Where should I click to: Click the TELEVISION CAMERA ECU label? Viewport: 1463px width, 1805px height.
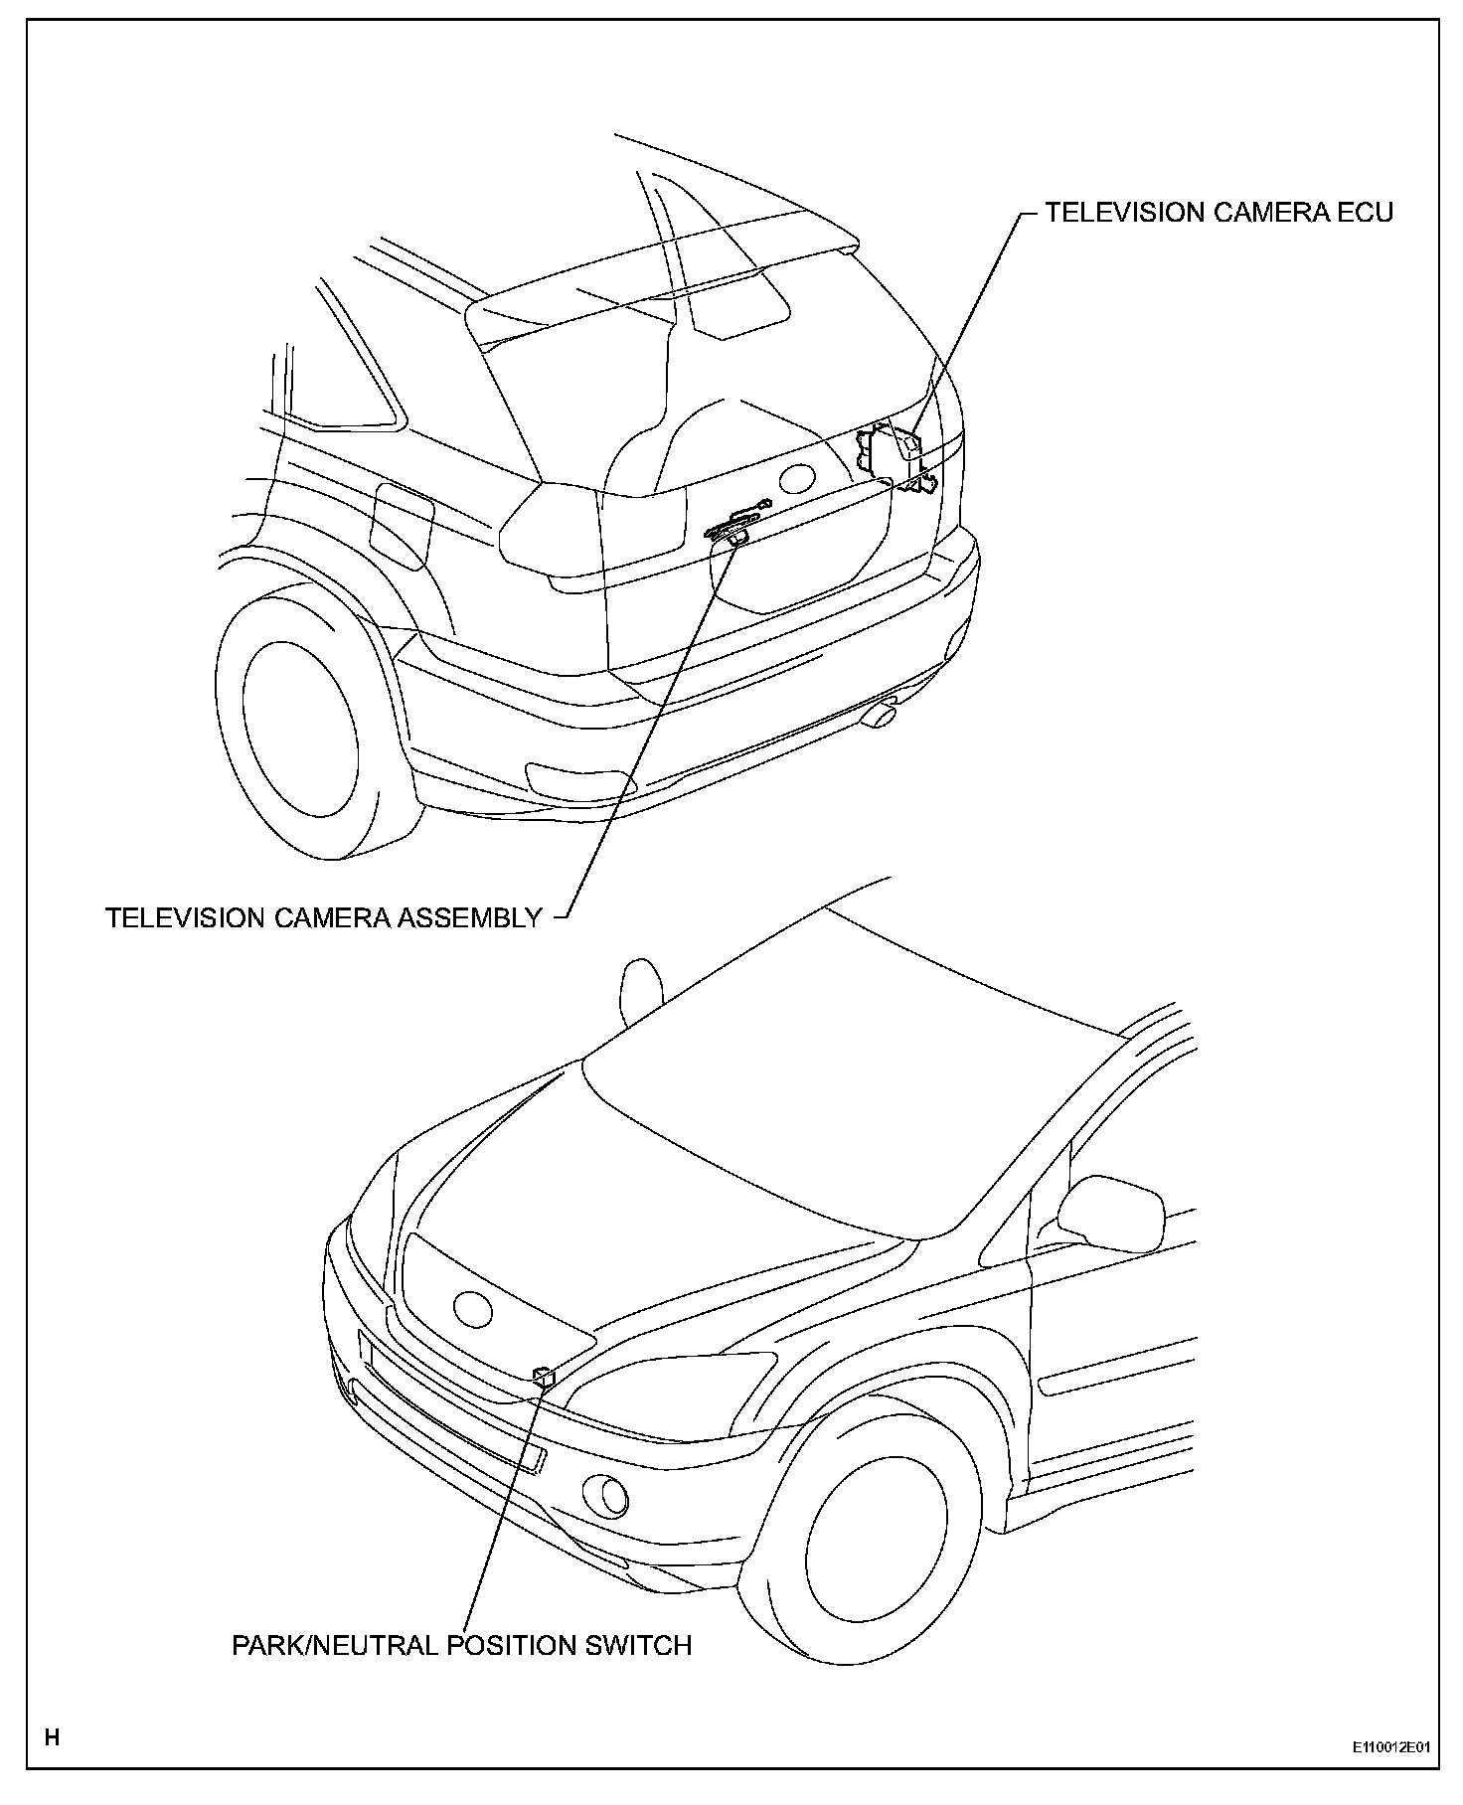pos(1218,213)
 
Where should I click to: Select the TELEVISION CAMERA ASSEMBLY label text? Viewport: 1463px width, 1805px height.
pos(324,917)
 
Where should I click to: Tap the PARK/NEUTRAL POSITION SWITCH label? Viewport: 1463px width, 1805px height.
pos(461,1645)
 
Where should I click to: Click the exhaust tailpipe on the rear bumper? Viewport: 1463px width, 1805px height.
pos(879,714)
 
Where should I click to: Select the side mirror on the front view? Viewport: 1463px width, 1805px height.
pos(1111,1213)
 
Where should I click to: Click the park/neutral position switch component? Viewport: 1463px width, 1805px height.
pos(545,1377)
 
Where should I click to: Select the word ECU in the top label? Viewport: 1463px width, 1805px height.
pos(1363,213)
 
